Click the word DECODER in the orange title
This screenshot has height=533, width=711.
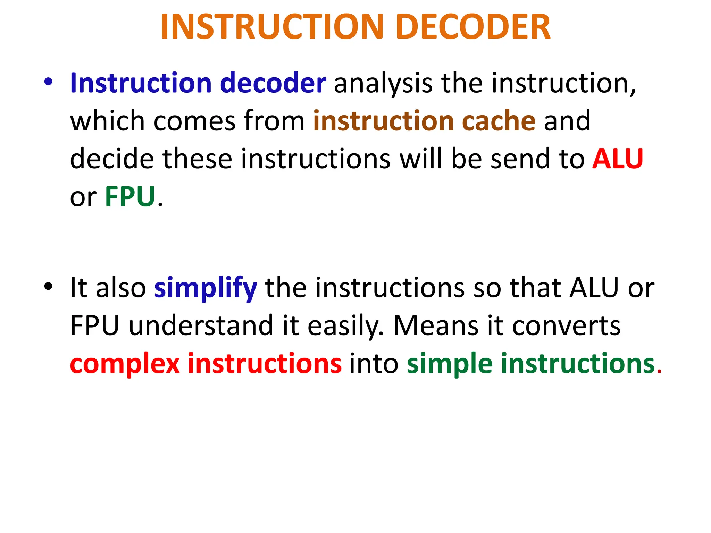point(473,27)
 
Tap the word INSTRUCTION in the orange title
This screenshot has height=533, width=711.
point(271,27)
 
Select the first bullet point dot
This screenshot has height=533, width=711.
point(48,82)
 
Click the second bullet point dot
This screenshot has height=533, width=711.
point(48,287)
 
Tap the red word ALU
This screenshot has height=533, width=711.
point(618,159)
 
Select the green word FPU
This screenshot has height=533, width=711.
point(130,197)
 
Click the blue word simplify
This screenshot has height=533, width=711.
point(206,288)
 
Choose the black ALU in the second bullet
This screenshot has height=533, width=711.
point(594,288)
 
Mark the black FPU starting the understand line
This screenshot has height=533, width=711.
point(95,325)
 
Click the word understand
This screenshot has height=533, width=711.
point(201,325)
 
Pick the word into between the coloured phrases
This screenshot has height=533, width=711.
point(374,364)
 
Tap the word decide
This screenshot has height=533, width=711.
point(112,159)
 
